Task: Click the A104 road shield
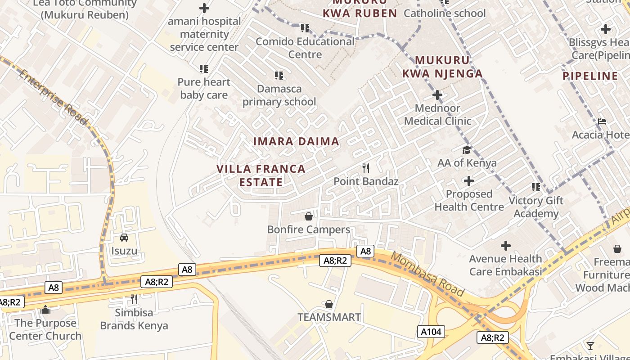tap(431, 332)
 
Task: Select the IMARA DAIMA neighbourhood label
tap(296, 141)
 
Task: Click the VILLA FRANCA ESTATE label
tap(261, 175)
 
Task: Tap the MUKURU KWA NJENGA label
tap(442, 67)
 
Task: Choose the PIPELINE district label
tap(590, 76)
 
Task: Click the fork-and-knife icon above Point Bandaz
tap(366, 168)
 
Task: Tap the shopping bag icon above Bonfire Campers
tap(309, 217)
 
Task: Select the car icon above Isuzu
tap(124, 238)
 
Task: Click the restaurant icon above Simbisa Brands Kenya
tap(134, 299)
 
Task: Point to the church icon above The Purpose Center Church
tap(45, 310)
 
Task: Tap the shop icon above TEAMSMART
tap(329, 305)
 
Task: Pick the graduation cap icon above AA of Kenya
tap(467, 150)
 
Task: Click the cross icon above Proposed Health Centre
tap(469, 181)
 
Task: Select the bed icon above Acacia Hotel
tap(602, 121)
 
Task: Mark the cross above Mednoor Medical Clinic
tap(437, 95)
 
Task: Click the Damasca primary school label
tap(279, 95)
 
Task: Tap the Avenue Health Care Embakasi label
tap(505, 265)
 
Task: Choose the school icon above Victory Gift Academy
tap(535, 187)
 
